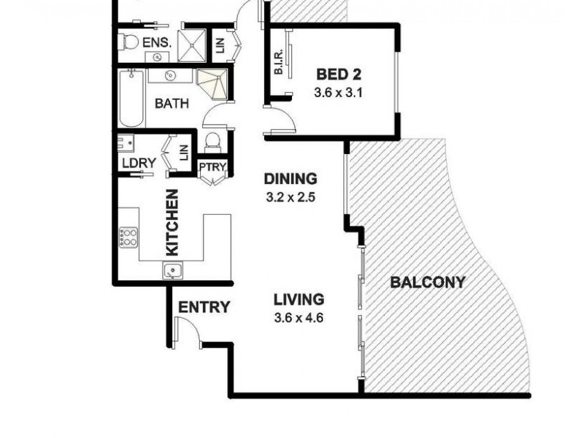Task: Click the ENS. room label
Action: pyautogui.click(x=156, y=43)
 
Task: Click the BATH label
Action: pyautogui.click(x=172, y=104)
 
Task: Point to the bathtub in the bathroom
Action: pyautogui.click(x=132, y=99)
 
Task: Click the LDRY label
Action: pyautogui.click(x=138, y=163)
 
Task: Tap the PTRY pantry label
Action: pyautogui.click(x=214, y=168)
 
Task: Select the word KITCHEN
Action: pyautogui.click(x=172, y=222)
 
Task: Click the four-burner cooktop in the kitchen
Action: pyautogui.click(x=129, y=237)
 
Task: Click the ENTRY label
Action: pyautogui.click(x=204, y=307)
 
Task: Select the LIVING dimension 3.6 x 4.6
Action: pyautogui.click(x=299, y=318)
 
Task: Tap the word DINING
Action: pyautogui.click(x=290, y=179)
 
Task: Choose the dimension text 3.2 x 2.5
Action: pyautogui.click(x=290, y=196)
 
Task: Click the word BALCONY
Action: pyautogui.click(x=427, y=283)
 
